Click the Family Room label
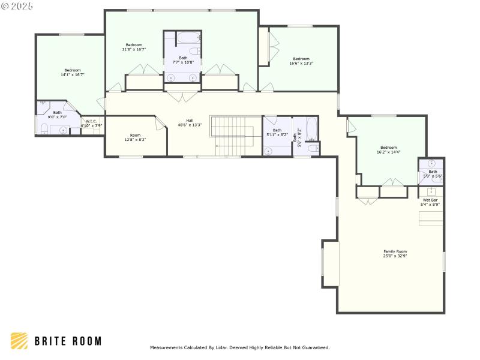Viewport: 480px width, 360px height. click(x=395, y=251)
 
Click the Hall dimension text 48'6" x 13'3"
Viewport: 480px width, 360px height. click(x=190, y=125)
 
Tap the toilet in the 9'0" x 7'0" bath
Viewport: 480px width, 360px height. click(x=44, y=128)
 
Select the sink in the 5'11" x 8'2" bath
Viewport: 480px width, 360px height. click(x=268, y=151)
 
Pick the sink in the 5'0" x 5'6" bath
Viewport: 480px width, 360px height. click(x=431, y=164)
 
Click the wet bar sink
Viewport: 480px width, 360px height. click(x=431, y=191)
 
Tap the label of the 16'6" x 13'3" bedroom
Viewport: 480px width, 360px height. click(x=301, y=59)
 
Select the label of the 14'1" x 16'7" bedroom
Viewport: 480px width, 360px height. click(x=73, y=70)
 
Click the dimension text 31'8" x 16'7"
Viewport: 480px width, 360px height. click(x=134, y=50)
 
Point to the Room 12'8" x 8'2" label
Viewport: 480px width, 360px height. click(x=135, y=137)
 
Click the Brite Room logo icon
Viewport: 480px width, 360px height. click(x=19, y=341)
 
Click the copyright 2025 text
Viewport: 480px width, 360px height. click(x=17, y=6)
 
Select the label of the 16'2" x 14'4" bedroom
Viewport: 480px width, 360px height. click(x=388, y=148)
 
